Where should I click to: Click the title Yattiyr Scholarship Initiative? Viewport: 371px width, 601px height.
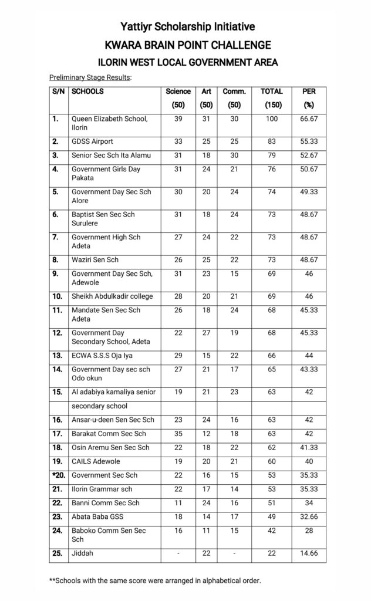tap(188, 26)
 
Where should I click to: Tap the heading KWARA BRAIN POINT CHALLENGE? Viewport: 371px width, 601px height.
tap(188, 45)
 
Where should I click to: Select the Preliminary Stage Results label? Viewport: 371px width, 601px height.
tap(90, 77)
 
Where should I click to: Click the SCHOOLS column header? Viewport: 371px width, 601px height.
tap(87, 92)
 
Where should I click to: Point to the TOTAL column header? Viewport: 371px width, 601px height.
tap(272, 92)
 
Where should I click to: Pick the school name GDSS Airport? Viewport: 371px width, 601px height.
tap(93, 141)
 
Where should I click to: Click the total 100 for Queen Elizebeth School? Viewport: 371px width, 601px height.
tap(272, 119)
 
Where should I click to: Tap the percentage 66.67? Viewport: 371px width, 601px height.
tap(308, 119)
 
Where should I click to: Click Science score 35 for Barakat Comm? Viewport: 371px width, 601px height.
tap(178, 434)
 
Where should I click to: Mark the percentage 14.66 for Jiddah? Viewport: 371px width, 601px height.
tap(308, 554)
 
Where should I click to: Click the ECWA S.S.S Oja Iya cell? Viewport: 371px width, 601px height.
tap(104, 356)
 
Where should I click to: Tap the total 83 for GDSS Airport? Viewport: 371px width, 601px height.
tap(272, 141)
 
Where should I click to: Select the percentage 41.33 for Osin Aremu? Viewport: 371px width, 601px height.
tap(308, 448)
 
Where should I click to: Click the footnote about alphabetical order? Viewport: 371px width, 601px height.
tap(155, 580)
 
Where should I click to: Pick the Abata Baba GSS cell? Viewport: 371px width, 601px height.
tap(97, 517)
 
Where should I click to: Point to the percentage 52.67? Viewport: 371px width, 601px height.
tap(308, 156)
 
